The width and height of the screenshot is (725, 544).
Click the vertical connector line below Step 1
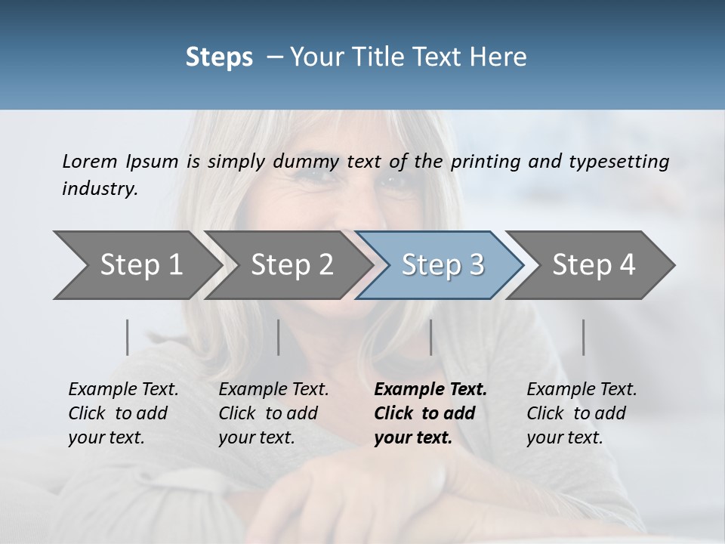coord(128,337)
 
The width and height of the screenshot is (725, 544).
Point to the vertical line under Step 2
coord(279,337)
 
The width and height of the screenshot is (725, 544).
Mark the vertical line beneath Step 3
coord(430,337)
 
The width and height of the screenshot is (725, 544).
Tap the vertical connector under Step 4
coord(584,337)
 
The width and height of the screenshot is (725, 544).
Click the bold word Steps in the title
coord(219,57)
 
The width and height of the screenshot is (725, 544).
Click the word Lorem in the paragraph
coord(90,162)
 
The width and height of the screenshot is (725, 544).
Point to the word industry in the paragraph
coord(100,189)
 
